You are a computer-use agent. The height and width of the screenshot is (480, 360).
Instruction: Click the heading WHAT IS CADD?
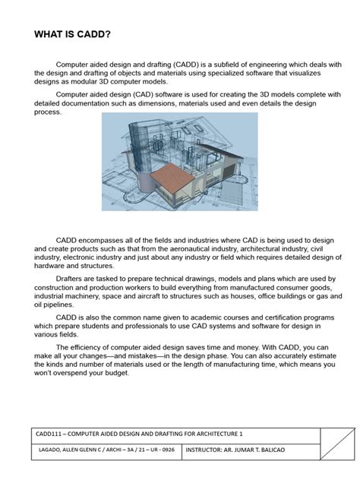(71, 35)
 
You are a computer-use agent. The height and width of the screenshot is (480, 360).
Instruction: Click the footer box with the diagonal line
(337, 442)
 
